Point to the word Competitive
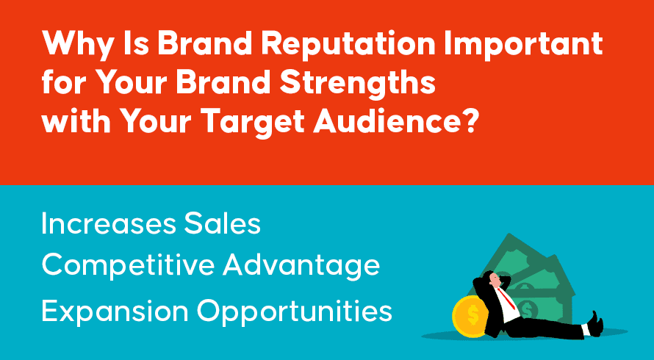pyautogui.click(x=128, y=265)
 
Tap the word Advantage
pyautogui.click(x=301, y=266)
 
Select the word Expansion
pyautogui.click(x=115, y=312)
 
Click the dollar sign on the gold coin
pyautogui.click(x=472, y=314)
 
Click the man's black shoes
pyautogui.click(x=596, y=324)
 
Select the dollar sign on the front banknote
pyautogui.click(x=526, y=309)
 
